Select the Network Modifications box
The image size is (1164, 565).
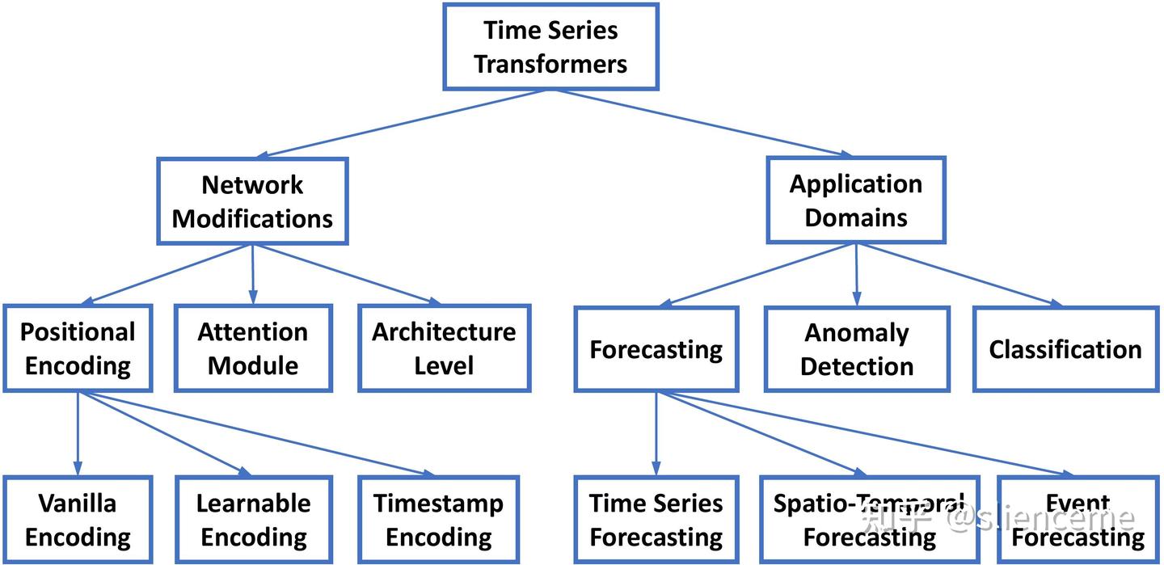tap(252, 201)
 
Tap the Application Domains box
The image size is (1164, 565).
tap(855, 200)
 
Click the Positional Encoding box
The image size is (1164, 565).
tap(78, 348)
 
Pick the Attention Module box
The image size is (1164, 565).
tap(253, 348)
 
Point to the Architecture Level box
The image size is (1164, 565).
tap(444, 348)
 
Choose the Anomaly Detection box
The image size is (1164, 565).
tap(857, 349)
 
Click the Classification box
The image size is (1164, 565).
tap(1065, 349)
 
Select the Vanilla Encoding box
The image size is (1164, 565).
tap(78, 520)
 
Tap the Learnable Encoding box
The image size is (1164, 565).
tap(253, 520)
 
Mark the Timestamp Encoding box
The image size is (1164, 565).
tap(439, 520)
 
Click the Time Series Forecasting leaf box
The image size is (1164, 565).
tap(656, 520)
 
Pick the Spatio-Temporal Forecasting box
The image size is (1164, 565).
tap(869, 520)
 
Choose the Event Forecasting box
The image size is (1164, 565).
tap(1078, 520)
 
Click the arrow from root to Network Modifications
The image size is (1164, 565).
tap(404, 123)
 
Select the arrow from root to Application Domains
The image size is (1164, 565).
tap(703, 122)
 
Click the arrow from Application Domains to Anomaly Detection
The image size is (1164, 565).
tap(856, 275)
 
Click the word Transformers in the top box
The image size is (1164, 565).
tap(550, 65)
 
